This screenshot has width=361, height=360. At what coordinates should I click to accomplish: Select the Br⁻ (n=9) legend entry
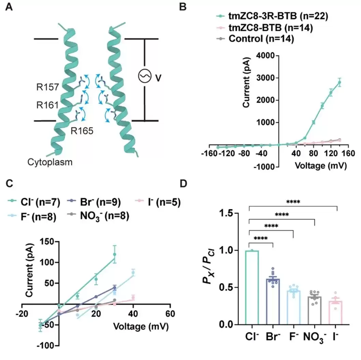tap(101, 203)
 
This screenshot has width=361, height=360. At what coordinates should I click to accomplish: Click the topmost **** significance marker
tap(293, 202)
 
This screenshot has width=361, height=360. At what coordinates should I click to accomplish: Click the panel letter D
tap(184, 184)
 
